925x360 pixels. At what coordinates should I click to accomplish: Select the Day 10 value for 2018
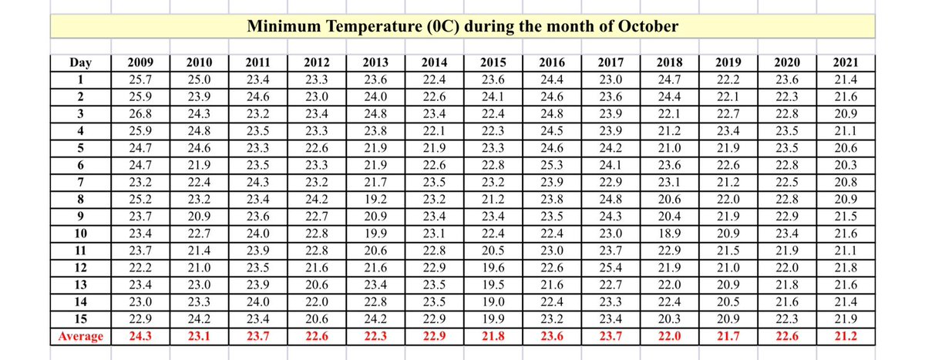(668, 233)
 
